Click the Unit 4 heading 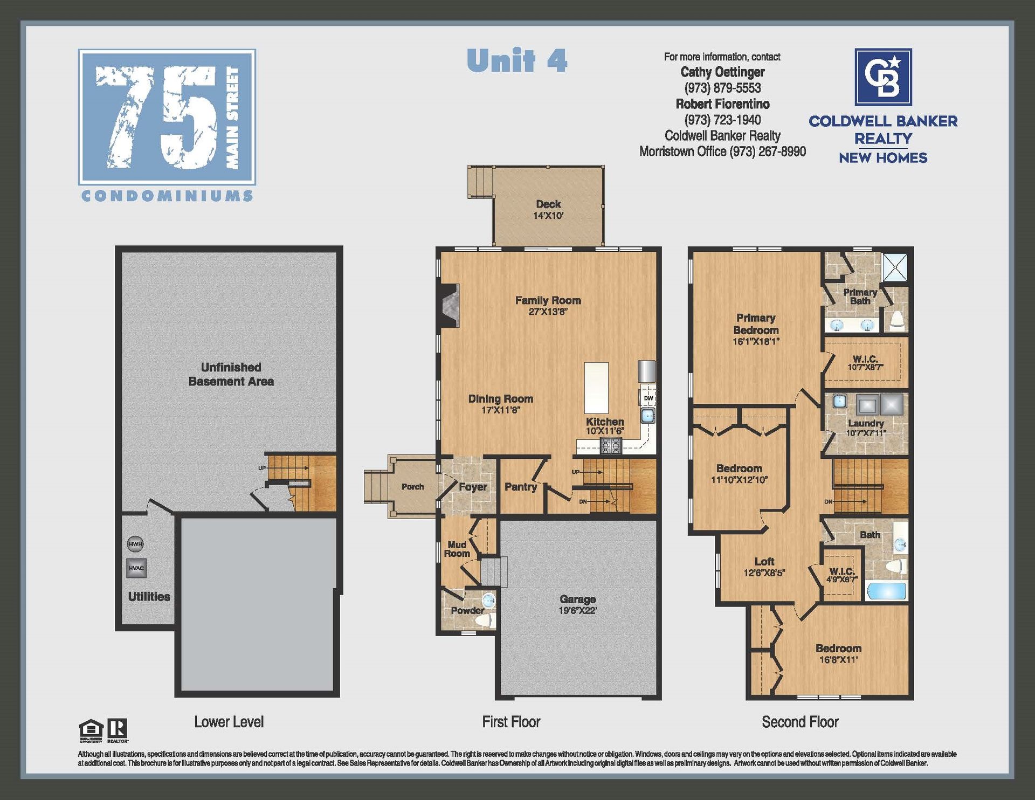click(x=516, y=60)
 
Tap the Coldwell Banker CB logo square click(x=883, y=77)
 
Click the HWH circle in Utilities click(x=135, y=544)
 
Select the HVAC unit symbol click(x=136, y=568)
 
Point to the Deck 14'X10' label click(x=548, y=209)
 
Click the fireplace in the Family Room click(x=450, y=305)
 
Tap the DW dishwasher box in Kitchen click(x=648, y=398)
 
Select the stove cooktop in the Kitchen click(x=611, y=445)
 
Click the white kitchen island click(x=596, y=388)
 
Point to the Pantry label click(x=521, y=487)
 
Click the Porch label click(x=412, y=487)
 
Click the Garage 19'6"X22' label click(x=577, y=605)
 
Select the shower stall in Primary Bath click(x=895, y=267)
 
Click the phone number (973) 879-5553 click(x=722, y=88)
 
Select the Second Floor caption click(x=800, y=722)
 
